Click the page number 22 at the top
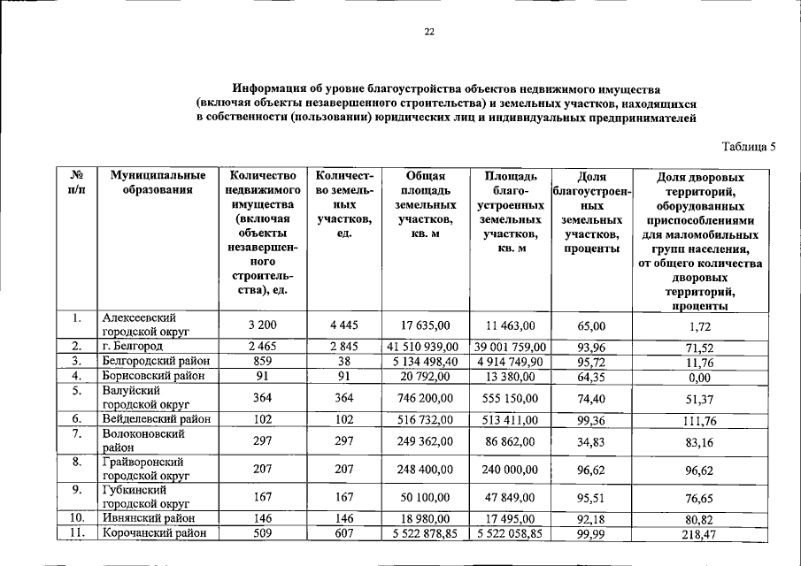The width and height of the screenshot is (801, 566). pos(428,32)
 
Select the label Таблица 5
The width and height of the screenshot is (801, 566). pos(748,146)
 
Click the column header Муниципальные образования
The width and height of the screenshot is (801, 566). pos(151,184)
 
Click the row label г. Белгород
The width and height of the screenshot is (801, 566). pos(132,346)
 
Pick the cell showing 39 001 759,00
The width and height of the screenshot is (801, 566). pos(510,346)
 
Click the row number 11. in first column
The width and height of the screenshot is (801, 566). pos(78,533)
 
